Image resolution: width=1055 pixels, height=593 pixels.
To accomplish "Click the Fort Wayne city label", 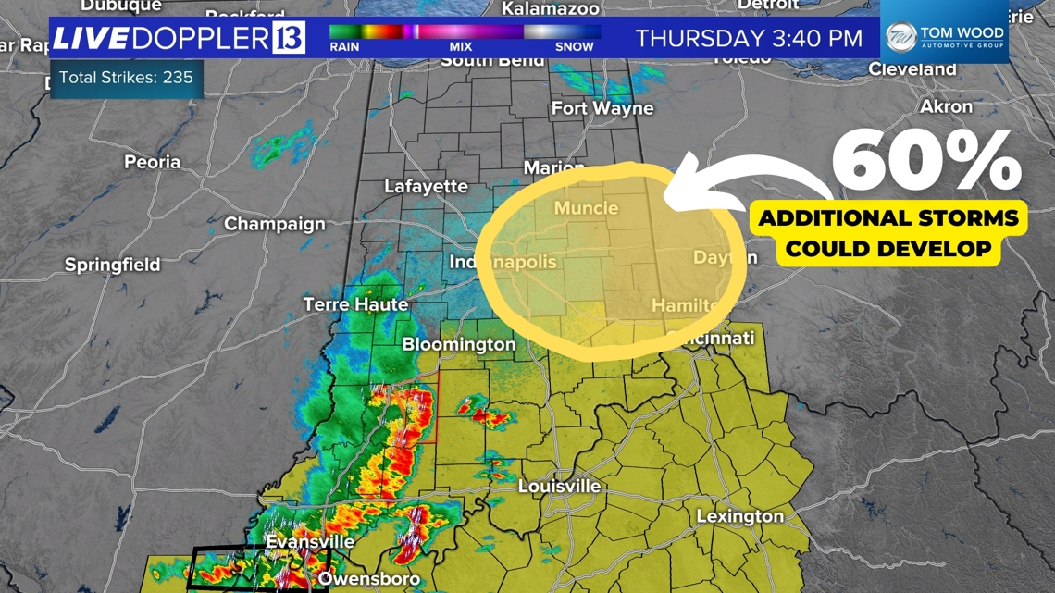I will [602, 108].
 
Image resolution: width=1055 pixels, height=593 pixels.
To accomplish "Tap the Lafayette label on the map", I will [426, 186].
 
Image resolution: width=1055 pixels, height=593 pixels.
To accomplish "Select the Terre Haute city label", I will [355, 304].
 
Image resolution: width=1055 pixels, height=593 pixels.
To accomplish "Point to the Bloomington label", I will [459, 344].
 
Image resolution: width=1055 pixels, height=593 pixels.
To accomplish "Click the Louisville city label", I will [559, 487].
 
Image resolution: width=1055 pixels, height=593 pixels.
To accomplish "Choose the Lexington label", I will [739, 516].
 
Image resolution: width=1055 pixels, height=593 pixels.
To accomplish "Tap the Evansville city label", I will [310, 541].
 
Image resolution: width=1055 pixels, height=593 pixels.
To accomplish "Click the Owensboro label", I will [368, 579].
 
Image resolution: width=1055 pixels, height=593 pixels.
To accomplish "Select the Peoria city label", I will [153, 162].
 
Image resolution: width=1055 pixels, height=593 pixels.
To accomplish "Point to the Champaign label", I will [275, 224].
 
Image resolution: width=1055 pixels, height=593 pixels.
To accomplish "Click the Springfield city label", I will [112, 265].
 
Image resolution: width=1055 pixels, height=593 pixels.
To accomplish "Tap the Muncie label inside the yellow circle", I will [586, 208].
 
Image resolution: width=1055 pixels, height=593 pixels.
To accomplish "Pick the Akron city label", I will [946, 107].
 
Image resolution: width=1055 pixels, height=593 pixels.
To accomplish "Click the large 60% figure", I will [925, 162].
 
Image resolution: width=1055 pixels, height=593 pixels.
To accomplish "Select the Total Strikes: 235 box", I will [126, 78].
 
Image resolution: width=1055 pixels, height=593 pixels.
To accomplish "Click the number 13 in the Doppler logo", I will [288, 39].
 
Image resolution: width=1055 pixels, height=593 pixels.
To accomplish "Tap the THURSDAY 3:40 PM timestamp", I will [749, 39].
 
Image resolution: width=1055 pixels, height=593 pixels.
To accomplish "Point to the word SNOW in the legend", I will [574, 46].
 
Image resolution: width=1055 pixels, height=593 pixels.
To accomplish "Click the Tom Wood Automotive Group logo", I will [944, 37].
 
